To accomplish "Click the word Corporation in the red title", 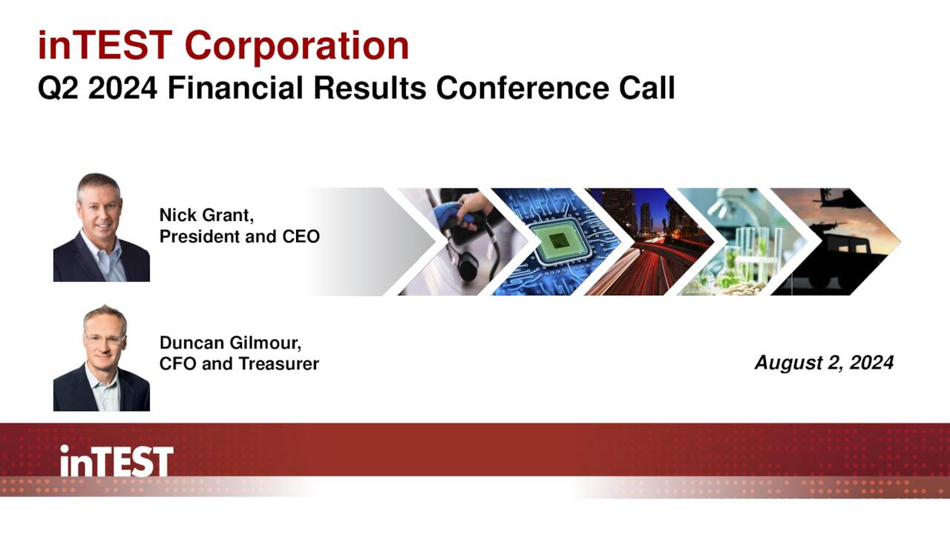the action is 297,47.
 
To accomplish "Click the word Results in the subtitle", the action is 370,88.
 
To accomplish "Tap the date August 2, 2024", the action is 824,363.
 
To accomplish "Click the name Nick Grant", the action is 206,215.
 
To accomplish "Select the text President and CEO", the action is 240,237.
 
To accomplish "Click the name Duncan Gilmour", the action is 230,343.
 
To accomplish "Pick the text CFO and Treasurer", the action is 239,363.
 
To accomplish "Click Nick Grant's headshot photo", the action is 102,227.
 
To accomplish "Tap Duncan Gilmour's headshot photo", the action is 102,357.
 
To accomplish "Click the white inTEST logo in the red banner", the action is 117,461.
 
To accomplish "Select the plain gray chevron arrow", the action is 373,242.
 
